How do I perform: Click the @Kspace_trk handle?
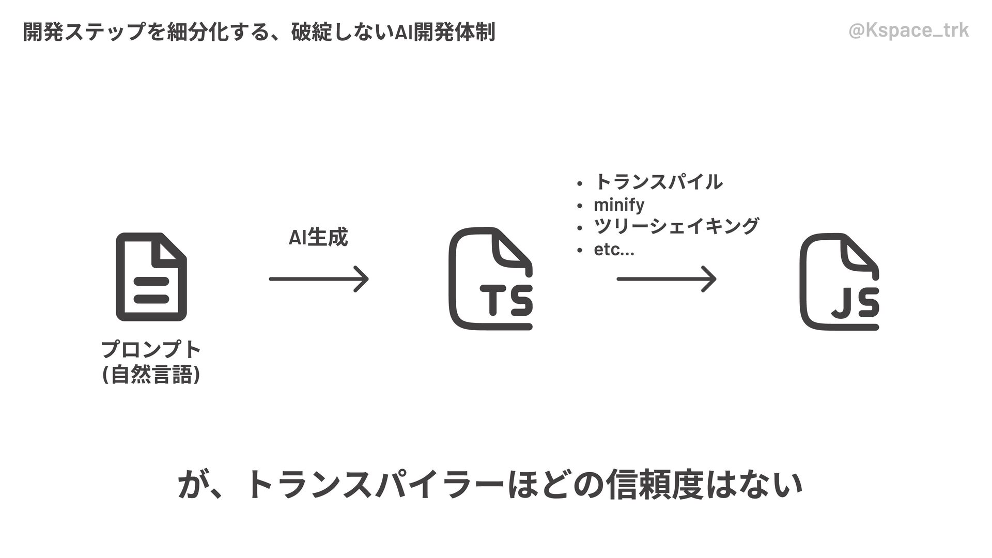pos(909,31)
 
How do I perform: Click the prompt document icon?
pos(151,277)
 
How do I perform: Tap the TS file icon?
pos(490,279)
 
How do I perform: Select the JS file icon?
pos(839,281)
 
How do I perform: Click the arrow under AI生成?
pos(319,279)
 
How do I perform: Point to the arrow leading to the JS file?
pos(667,279)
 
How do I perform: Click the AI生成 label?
pos(318,237)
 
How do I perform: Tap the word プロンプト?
pos(151,350)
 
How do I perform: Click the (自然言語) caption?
pos(151,375)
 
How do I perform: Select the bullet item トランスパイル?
pos(658,182)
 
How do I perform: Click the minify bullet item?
pos(618,205)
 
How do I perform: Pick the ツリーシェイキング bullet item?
pos(676,226)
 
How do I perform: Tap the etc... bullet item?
pos(614,250)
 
